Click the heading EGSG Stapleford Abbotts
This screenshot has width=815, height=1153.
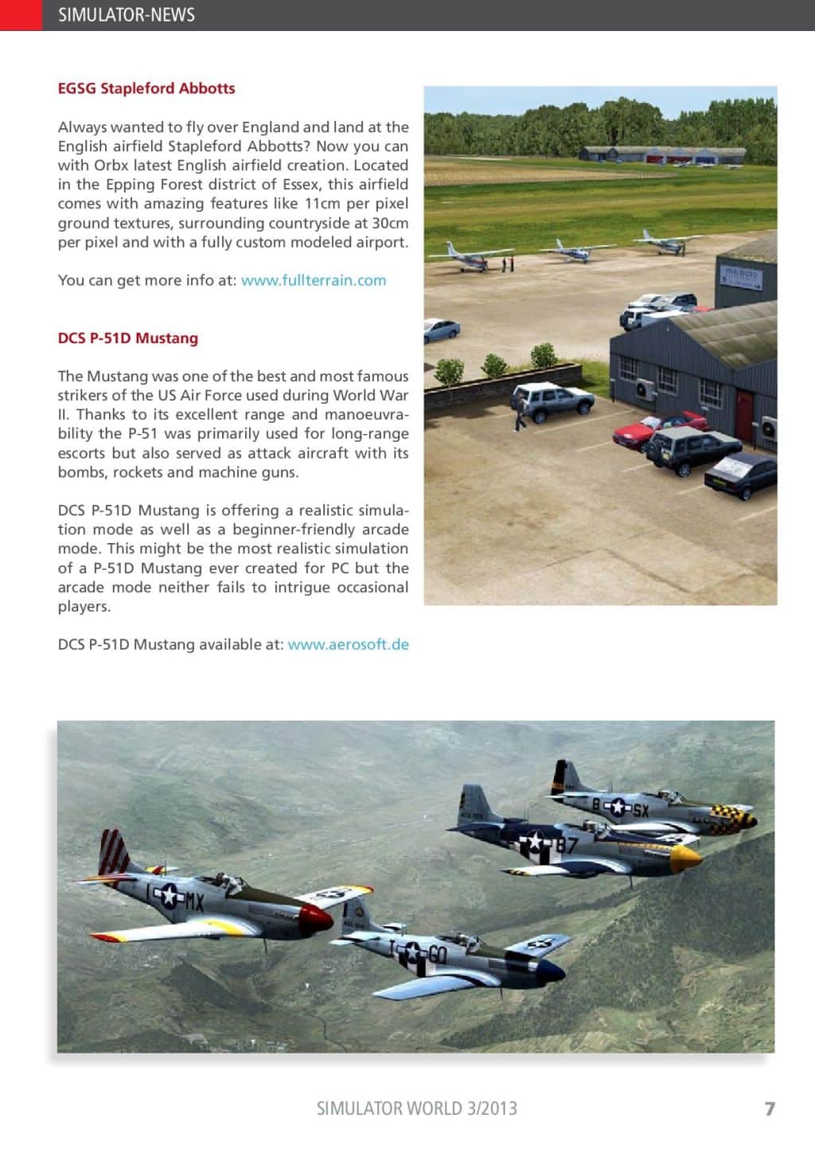coord(146,88)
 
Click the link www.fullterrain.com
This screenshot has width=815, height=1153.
coord(314,280)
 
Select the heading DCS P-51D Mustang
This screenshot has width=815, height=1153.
coord(127,338)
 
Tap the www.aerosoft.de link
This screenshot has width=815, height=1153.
coord(349,644)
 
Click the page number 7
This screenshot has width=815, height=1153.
coord(769,1108)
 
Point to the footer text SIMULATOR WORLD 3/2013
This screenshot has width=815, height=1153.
coord(416,1108)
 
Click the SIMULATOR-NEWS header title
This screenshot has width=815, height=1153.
coord(127,14)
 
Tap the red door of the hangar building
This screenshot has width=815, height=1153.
coord(744,415)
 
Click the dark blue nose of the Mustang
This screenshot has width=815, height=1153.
coord(550,970)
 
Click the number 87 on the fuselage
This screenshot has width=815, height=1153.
coord(566,845)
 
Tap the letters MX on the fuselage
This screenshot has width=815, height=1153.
coord(194,901)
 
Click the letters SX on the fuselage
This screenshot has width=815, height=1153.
coord(640,811)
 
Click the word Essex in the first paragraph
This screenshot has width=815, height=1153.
coord(302,185)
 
